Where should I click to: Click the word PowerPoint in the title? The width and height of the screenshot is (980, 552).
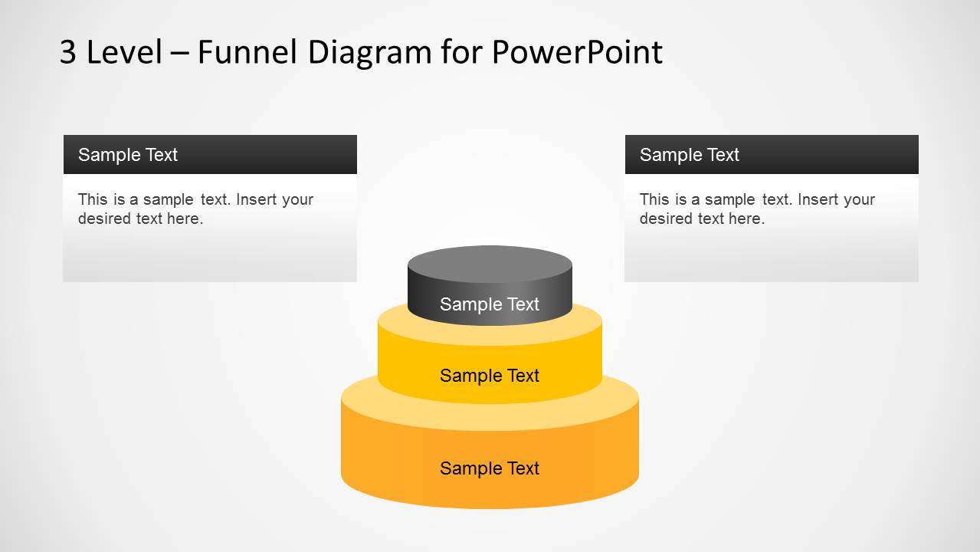pyautogui.click(x=576, y=52)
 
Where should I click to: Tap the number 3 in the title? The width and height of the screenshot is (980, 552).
pyautogui.click(x=67, y=52)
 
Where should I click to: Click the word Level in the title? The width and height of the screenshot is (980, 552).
pyautogui.click(x=125, y=52)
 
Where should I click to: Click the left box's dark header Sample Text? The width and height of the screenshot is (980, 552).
pyautogui.click(x=128, y=155)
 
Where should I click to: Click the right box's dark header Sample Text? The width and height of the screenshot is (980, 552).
pyautogui.click(x=689, y=155)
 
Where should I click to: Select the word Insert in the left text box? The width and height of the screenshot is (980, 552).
pyautogui.click(x=256, y=199)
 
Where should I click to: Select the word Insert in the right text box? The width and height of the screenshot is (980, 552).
pyautogui.click(x=818, y=199)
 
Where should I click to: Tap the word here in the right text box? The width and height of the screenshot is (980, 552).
pyautogui.click(x=747, y=219)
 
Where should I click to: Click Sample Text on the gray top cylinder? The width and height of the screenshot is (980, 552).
pyautogui.click(x=490, y=304)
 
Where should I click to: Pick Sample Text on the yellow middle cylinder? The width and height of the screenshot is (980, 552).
pyautogui.click(x=490, y=376)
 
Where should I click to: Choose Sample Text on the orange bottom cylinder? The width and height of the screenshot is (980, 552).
pyautogui.click(x=490, y=468)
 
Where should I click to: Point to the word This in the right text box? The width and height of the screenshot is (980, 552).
pyautogui.click(x=654, y=199)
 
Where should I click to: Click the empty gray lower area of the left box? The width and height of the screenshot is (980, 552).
pyautogui.click(x=209, y=257)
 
